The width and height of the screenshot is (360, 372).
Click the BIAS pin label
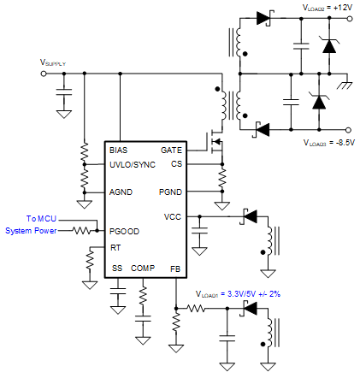coord(119,150)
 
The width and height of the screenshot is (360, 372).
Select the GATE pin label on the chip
coord(171,150)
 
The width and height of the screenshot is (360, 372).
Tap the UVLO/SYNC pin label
coord(133,162)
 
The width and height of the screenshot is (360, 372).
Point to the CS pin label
coord(176,162)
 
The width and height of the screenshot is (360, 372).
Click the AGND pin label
coord(121,192)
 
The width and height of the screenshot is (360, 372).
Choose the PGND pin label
coord(170,192)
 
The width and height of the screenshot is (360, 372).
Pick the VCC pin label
coord(173,216)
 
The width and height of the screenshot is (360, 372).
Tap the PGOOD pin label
coord(124,231)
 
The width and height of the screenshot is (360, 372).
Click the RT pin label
coord(115,246)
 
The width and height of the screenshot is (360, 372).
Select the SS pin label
coord(116,269)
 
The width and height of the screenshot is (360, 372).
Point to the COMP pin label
coord(143,269)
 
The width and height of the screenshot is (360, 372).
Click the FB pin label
coord(175,269)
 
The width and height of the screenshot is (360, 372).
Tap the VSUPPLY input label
coord(53,63)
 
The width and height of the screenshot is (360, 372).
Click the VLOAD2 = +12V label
coord(328,8)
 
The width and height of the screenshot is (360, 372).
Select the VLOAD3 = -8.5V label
coord(328,142)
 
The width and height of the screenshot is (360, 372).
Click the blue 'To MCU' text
coord(40,219)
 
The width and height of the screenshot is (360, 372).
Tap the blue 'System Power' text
coord(31,230)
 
